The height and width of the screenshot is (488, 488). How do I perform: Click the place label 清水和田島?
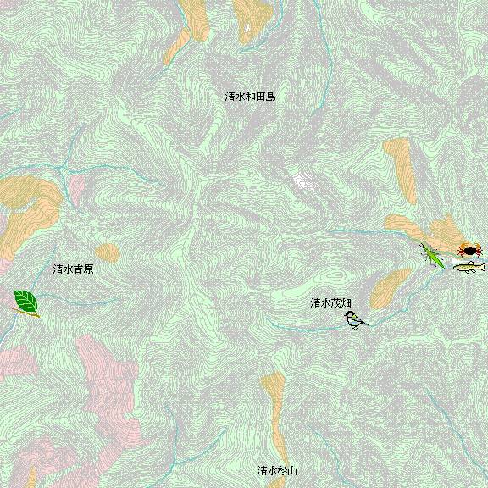tap(250, 97)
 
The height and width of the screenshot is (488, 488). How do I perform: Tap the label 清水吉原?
tap(73, 269)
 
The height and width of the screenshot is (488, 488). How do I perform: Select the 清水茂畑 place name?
tap(330, 302)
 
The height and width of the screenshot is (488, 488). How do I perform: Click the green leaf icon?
tap(25, 302)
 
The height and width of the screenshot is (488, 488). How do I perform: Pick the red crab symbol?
tap(469, 249)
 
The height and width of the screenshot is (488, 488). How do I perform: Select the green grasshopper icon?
tap(433, 255)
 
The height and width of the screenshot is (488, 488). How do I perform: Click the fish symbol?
tap(469, 268)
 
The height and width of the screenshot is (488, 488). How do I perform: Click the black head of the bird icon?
tap(349, 315)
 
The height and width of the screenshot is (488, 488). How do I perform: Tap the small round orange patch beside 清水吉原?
tap(107, 252)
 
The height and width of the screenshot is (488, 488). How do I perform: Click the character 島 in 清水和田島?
tap(270, 97)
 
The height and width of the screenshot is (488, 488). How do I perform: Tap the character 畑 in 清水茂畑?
tap(347, 302)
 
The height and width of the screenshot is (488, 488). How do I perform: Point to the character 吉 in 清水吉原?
tap(78, 269)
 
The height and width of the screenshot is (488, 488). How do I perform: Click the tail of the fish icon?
tap(483, 267)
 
